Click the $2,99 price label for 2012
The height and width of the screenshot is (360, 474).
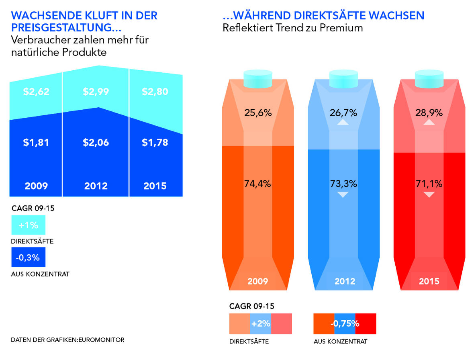[96, 92]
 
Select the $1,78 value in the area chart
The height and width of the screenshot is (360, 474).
[155, 142]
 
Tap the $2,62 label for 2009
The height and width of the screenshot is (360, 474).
[36, 92]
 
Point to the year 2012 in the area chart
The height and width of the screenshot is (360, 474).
[96, 186]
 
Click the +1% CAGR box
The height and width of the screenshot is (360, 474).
[28, 225]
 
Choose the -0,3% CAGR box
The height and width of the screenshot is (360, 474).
[28, 258]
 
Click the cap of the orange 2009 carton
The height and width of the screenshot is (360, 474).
[258, 78]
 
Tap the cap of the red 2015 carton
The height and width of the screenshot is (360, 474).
[429, 78]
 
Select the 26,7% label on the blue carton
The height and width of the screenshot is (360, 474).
[343, 112]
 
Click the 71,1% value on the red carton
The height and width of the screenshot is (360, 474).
[429, 184]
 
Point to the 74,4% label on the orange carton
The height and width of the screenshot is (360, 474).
[258, 184]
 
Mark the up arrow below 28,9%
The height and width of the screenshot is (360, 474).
[429, 123]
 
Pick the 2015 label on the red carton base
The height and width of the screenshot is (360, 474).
[429, 281]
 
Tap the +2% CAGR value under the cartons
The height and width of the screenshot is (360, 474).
[261, 324]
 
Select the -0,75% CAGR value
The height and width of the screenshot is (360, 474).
[345, 324]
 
